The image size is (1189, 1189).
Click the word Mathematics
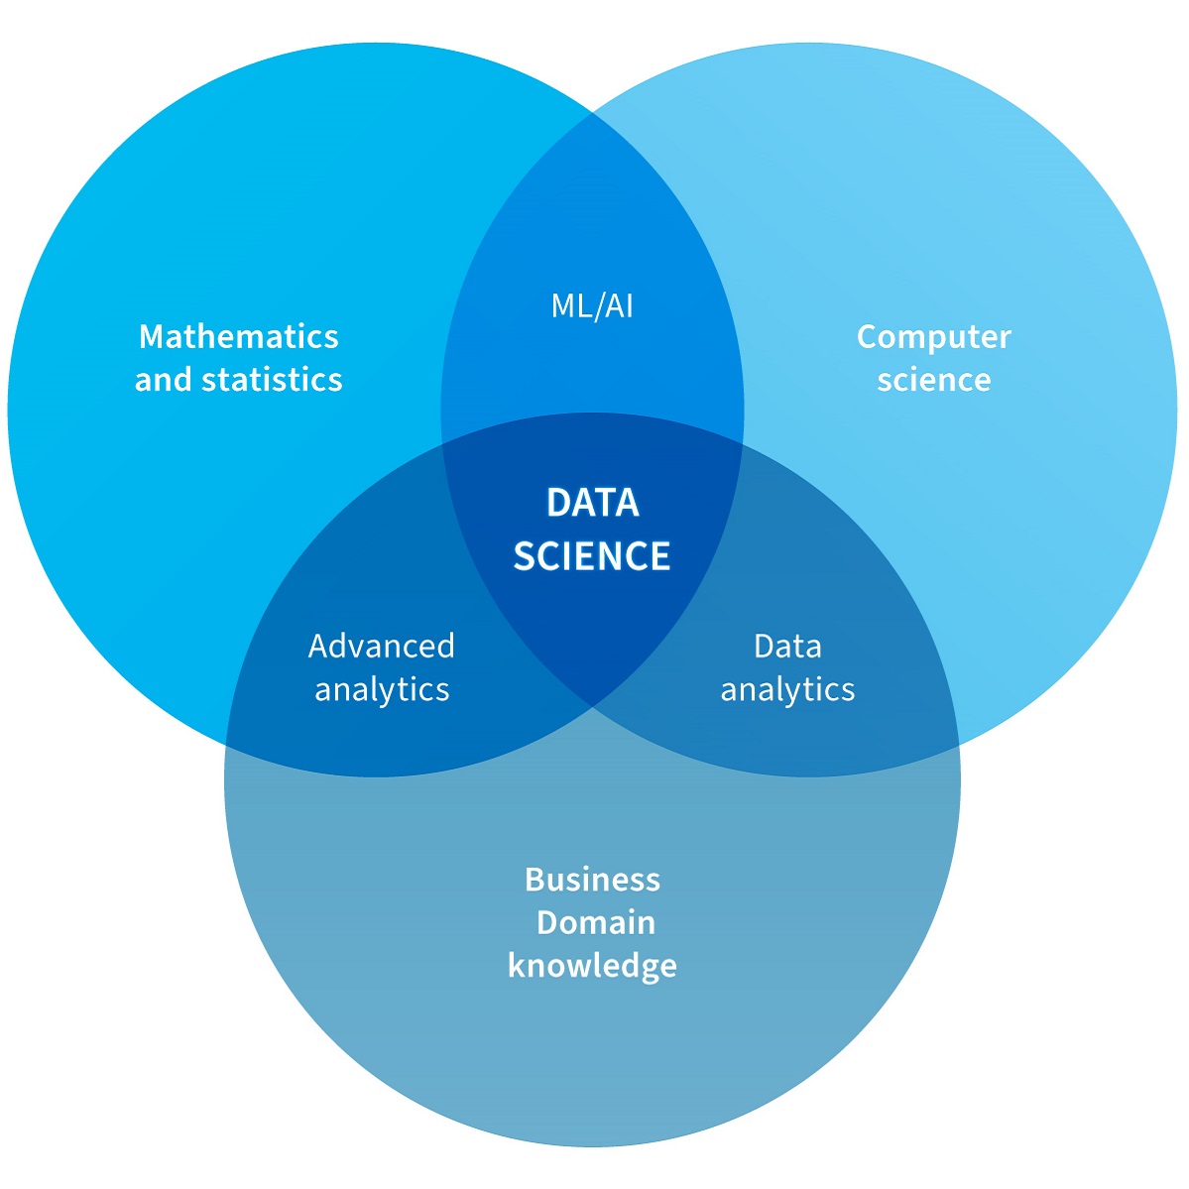point(239,336)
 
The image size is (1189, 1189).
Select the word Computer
point(933,337)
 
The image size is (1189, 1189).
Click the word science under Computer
point(933,380)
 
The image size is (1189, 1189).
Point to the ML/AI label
point(592,305)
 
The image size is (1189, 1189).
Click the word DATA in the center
point(592,503)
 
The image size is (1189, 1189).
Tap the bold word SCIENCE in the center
point(592,555)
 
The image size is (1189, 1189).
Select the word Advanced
point(382,646)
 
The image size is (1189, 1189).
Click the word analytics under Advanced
point(382,689)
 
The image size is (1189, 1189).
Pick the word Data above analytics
point(787,646)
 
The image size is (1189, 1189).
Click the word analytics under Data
point(787,689)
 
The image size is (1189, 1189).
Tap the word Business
point(592,879)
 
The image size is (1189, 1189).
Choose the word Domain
point(596,922)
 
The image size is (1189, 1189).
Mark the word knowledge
point(592,966)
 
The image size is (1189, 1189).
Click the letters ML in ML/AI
point(571,305)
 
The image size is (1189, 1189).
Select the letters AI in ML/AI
point(618,305)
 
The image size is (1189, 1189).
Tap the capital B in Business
point(535,879)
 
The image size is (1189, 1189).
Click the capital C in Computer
point(868,337)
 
